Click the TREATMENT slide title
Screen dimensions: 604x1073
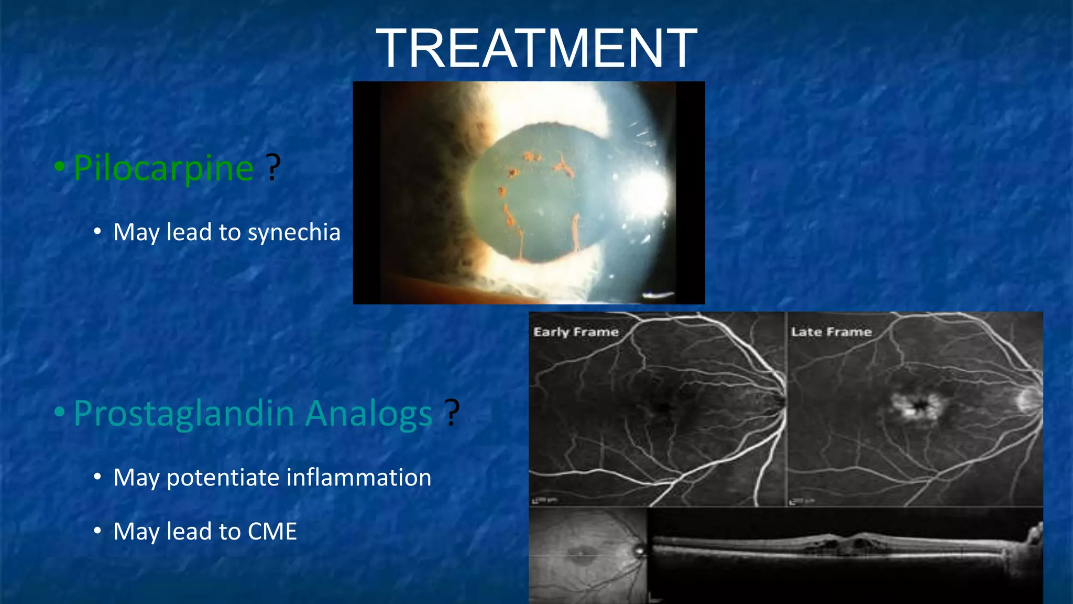coord(536,48)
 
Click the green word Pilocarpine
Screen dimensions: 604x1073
coord(163,168)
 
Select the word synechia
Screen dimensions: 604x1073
coord(294,232)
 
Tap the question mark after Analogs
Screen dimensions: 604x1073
coord(452,413)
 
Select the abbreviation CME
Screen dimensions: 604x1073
coord(272,532)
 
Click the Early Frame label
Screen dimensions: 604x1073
coord(576,332)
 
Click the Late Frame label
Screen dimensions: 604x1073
coord(831,332)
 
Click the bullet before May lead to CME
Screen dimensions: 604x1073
coord(97,532)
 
